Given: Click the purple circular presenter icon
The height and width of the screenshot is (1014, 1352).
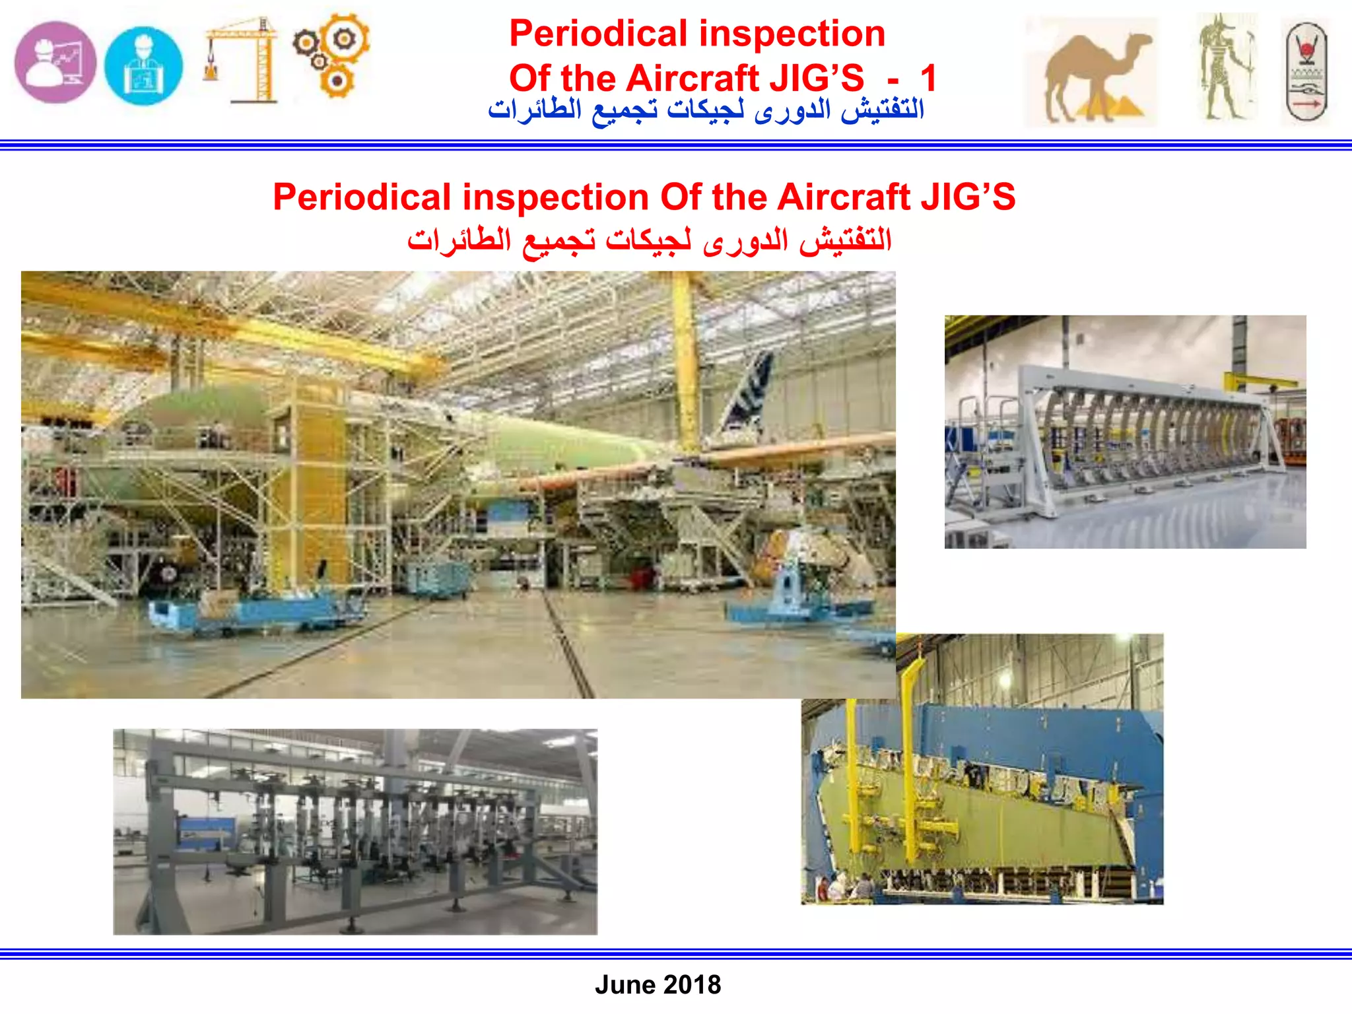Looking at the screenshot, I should [55, 63].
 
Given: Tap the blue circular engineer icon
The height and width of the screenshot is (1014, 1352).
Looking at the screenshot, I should [143, 65].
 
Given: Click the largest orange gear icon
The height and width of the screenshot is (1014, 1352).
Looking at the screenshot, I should [345, 38].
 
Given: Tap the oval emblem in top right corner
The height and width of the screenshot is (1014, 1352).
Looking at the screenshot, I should [1306, 71].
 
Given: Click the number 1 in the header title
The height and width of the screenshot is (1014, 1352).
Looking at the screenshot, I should [928, 79].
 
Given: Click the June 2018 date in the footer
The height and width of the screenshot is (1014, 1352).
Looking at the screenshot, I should [658, 984].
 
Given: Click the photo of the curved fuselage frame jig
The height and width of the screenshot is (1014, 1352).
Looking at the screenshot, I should [1124, 431].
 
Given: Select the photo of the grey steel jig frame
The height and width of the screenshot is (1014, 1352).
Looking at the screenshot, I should [355, 831].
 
